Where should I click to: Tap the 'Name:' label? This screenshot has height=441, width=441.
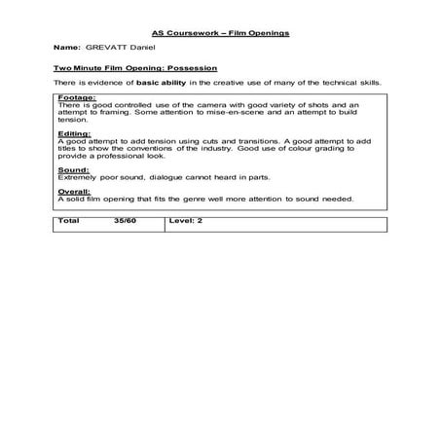pyautogui.click(x=66, y=48)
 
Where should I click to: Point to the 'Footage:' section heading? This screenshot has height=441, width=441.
pyautogui.click(x=77, y=98)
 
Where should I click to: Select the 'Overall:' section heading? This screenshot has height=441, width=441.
pyautogui.click(x=75, y=193)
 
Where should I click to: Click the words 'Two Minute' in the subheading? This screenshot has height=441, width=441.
pyautogui.click(x=79, y=69)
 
